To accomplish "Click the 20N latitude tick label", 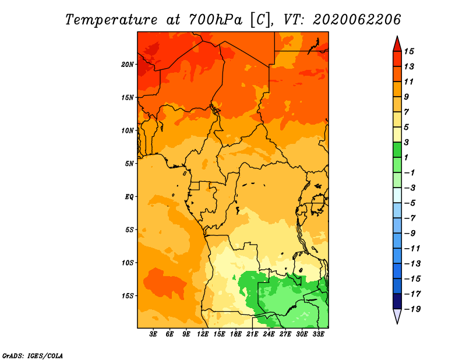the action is tap(127, 65).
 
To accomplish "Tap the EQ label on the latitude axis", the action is tap(129, 197).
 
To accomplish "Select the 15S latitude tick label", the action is tap(127, 296).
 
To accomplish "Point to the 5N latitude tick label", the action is tap(129, 164).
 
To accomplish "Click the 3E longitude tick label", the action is tap(153, 334).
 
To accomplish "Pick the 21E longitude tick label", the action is tap(252, 334).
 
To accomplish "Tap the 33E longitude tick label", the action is tap(318, 334).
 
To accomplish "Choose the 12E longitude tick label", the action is tap(202, 334).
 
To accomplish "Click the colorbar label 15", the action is tap(409, 51).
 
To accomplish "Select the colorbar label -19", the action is tap(412, 309).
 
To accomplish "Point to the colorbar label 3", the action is tap(407, 142).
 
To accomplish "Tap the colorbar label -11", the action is tap(412, 249).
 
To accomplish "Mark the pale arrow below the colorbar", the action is tap(397, 316).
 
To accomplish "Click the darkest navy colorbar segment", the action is tap(397, 301).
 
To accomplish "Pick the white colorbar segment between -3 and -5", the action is tap(397, 195).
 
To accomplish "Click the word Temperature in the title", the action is tap(111, 20).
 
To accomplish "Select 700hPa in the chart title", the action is tap(215, 20).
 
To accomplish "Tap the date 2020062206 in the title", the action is tap(357, 20).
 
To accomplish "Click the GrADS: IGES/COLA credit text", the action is tap(33, 355).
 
